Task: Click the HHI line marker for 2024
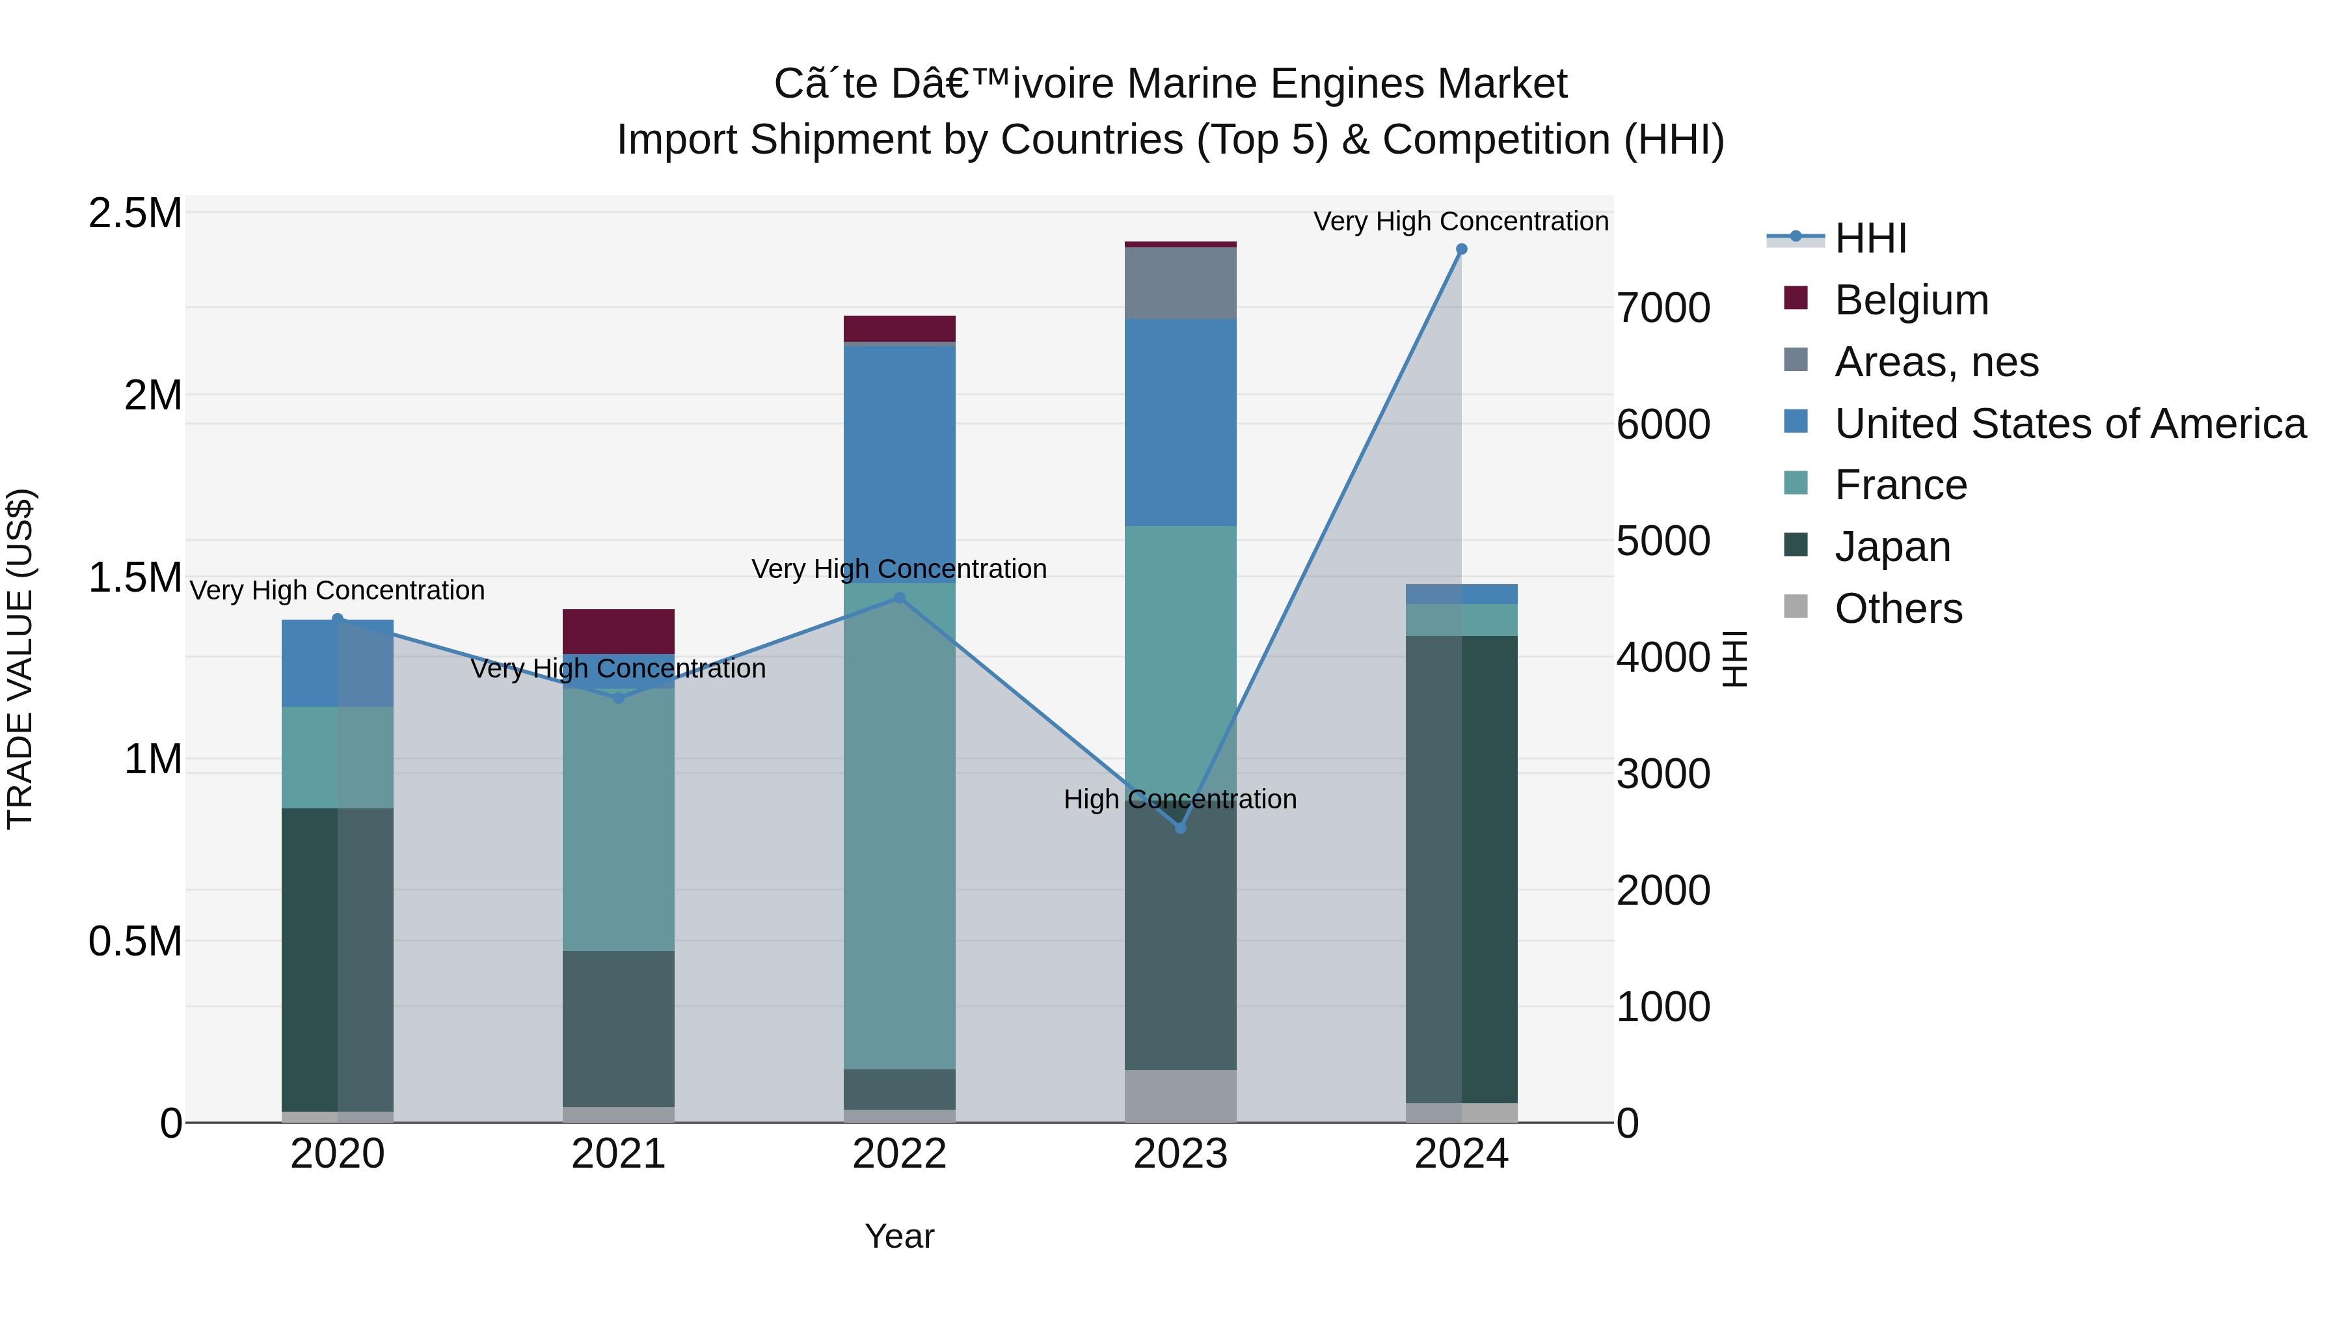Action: coord(1461,249)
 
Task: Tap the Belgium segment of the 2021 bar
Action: coord(618,631)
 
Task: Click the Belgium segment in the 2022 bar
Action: coord(899,329)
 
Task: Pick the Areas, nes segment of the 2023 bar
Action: coord(1180,283)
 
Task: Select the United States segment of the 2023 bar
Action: coord(1180,422)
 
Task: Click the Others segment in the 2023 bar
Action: coord(1180,1095)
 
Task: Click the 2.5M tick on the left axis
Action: coord(135,213)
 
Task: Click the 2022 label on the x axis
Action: coord(899,1154)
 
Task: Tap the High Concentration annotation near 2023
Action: coord(1180,799)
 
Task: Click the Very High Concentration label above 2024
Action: coord(1461,221)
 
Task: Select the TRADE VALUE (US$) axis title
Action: coord(20,659)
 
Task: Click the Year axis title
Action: coord(899,1236)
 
